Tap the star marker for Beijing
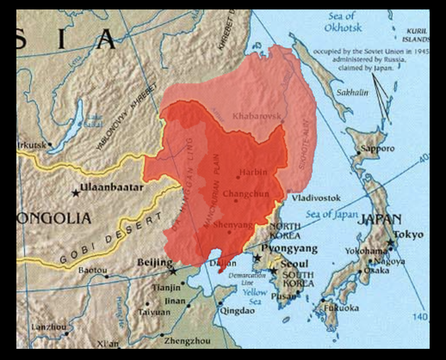pos(173,272)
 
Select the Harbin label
pos(253,172)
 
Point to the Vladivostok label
pos(316,198)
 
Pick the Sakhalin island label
pos(353,92)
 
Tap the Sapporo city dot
pos(359,153)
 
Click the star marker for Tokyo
pos(390,243)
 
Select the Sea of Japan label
pos(331,214)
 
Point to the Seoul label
pos(294,263)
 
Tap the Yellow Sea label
pos(255,297)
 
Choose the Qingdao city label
pos(237,311)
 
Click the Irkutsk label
pos(31,145)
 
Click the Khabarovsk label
pos(257,116)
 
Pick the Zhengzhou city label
pos(187,341)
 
